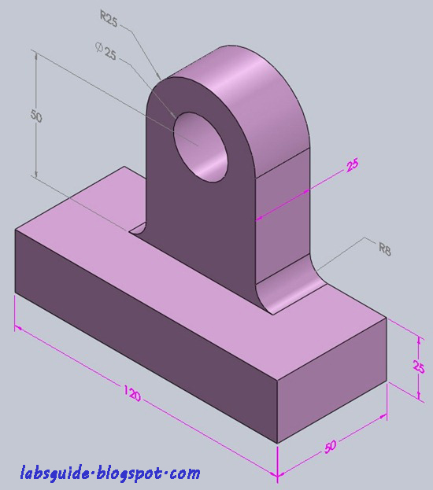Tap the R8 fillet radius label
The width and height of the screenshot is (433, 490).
[385, 249]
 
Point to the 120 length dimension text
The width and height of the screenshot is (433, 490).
[131, 393]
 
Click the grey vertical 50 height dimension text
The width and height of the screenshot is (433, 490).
[35, 116]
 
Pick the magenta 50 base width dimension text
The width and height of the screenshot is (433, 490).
[331, 447]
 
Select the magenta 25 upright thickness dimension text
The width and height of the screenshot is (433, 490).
[353, 165]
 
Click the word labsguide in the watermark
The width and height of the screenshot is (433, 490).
[54, 473]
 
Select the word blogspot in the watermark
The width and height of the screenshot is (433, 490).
[126, 473]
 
